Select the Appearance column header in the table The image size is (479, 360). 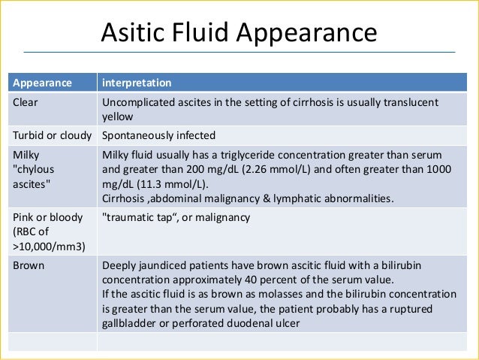pos(41,82)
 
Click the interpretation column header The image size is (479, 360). pos(136,82)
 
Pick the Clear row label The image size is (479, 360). pos(24,102)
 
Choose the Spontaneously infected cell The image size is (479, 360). pos(158,136)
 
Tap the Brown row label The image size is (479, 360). pos(28,265)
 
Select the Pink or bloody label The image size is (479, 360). pos(47,218)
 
